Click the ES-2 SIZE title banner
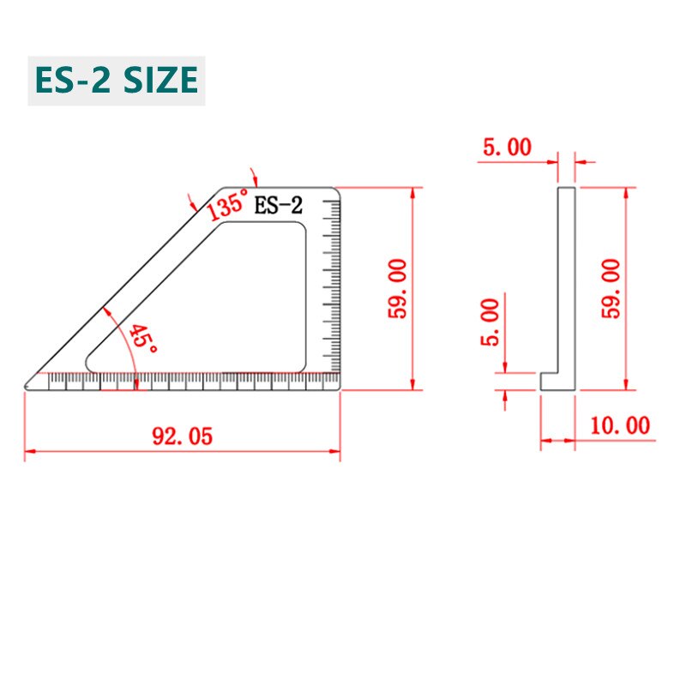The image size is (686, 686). click(x=116, y=80)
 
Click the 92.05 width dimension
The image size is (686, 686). click(x=181, y=436)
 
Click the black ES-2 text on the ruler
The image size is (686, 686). click(x=279, y=205)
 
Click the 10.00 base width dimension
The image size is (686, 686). click(x=619, y=424)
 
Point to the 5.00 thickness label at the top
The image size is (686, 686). click(x=506, y=147)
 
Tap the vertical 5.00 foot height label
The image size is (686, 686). click(x=489, y=322)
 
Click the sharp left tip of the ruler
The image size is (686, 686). click(x=27, y=385)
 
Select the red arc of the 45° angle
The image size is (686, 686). click(x=124, y=334)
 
